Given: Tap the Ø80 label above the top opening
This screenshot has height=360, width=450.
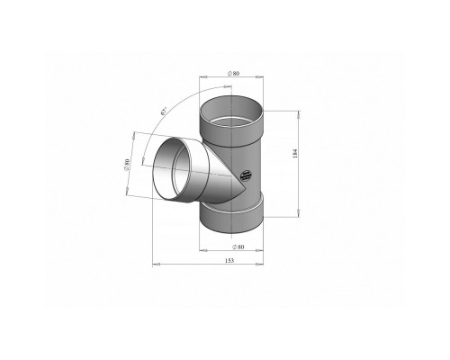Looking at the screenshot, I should click(232, 73).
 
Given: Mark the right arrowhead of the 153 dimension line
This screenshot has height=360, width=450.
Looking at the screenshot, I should click(264, 265).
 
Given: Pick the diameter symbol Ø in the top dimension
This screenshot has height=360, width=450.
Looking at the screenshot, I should click(229, 73).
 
